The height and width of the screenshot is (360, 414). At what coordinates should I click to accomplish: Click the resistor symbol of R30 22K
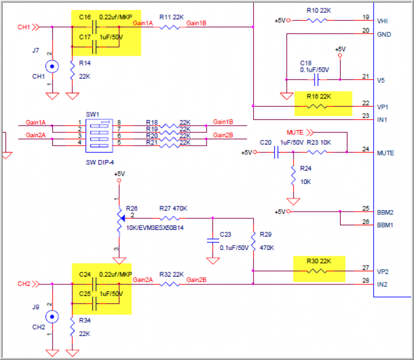point(318,271)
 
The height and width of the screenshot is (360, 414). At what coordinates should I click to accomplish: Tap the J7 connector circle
point(52,67)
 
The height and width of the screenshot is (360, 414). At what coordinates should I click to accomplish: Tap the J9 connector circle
point(52,317)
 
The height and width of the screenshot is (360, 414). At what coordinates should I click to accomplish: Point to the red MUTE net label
point(295,133)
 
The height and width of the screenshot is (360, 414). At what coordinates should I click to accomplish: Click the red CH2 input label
point(24,284)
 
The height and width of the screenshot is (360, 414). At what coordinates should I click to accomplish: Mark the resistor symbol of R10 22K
point(318,21)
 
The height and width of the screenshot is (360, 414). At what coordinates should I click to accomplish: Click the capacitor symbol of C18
point(315,81)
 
